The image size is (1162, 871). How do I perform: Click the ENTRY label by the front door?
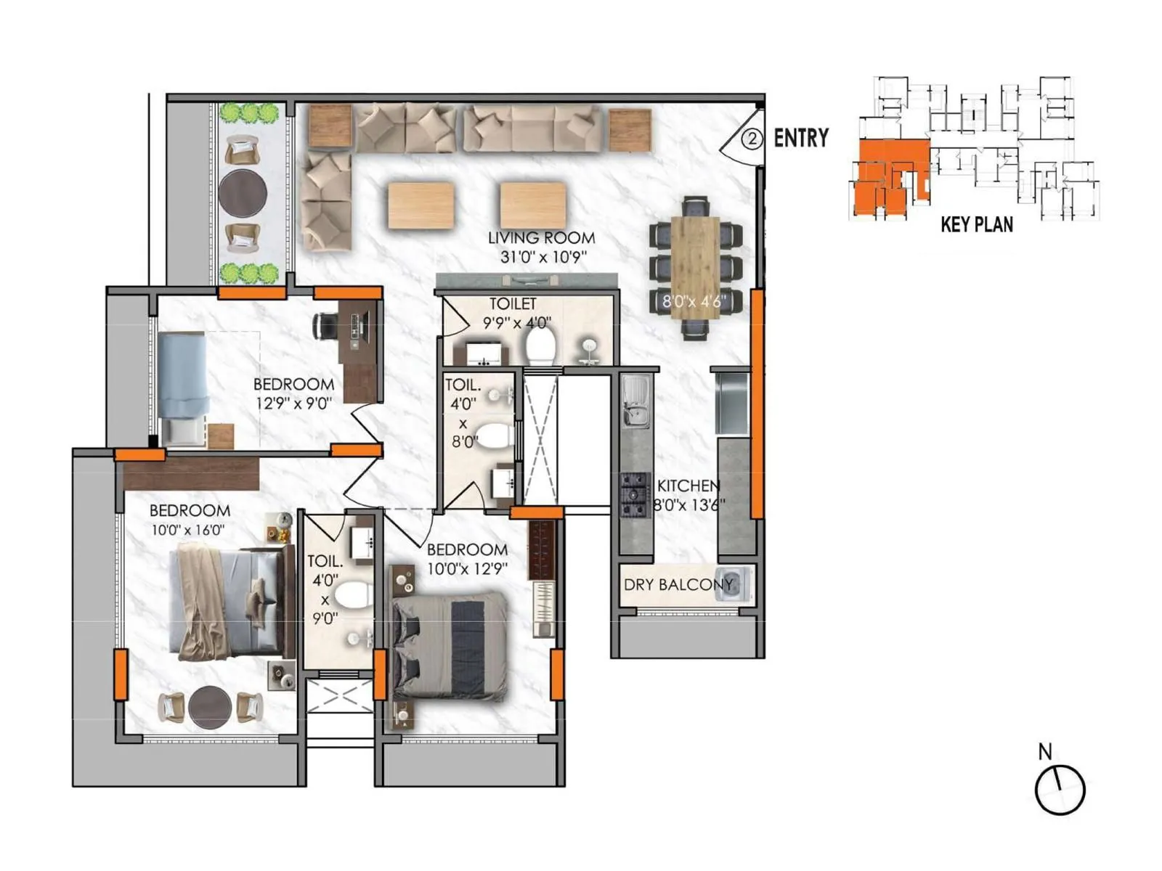801,138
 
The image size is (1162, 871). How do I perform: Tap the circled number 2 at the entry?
752,139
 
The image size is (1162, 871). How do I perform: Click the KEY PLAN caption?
977,224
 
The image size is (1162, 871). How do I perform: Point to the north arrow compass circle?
1060,789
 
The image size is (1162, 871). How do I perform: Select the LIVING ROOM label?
541,237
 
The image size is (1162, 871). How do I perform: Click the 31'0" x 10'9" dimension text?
543,257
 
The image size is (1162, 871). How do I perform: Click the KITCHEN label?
688,486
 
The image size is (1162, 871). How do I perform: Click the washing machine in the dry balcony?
734,584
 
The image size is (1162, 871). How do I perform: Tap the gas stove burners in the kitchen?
633,495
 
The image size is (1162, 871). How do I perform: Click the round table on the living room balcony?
243,193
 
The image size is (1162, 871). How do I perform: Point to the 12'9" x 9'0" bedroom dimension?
293,404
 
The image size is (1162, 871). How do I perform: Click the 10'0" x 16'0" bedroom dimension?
188,531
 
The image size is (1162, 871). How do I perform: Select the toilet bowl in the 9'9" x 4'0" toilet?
540,346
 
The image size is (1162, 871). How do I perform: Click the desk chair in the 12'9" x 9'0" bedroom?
325,325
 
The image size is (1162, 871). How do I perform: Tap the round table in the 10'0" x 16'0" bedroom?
210,706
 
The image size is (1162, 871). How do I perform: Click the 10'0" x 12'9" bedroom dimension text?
467,569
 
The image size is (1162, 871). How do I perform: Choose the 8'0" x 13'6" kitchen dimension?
688,505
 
